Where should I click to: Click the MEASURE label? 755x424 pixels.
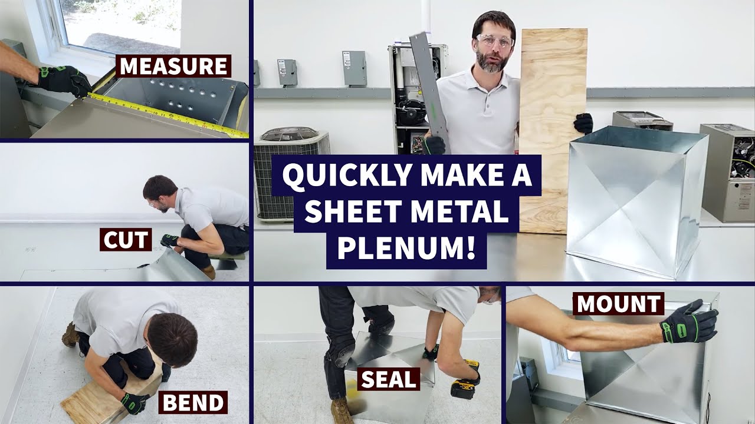point(173,67)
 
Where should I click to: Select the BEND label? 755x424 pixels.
point(193,403)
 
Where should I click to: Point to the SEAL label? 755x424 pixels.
point(389,379)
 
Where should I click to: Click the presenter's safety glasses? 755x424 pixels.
point(494,41)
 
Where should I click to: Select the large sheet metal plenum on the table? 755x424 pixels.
point(637,200)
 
